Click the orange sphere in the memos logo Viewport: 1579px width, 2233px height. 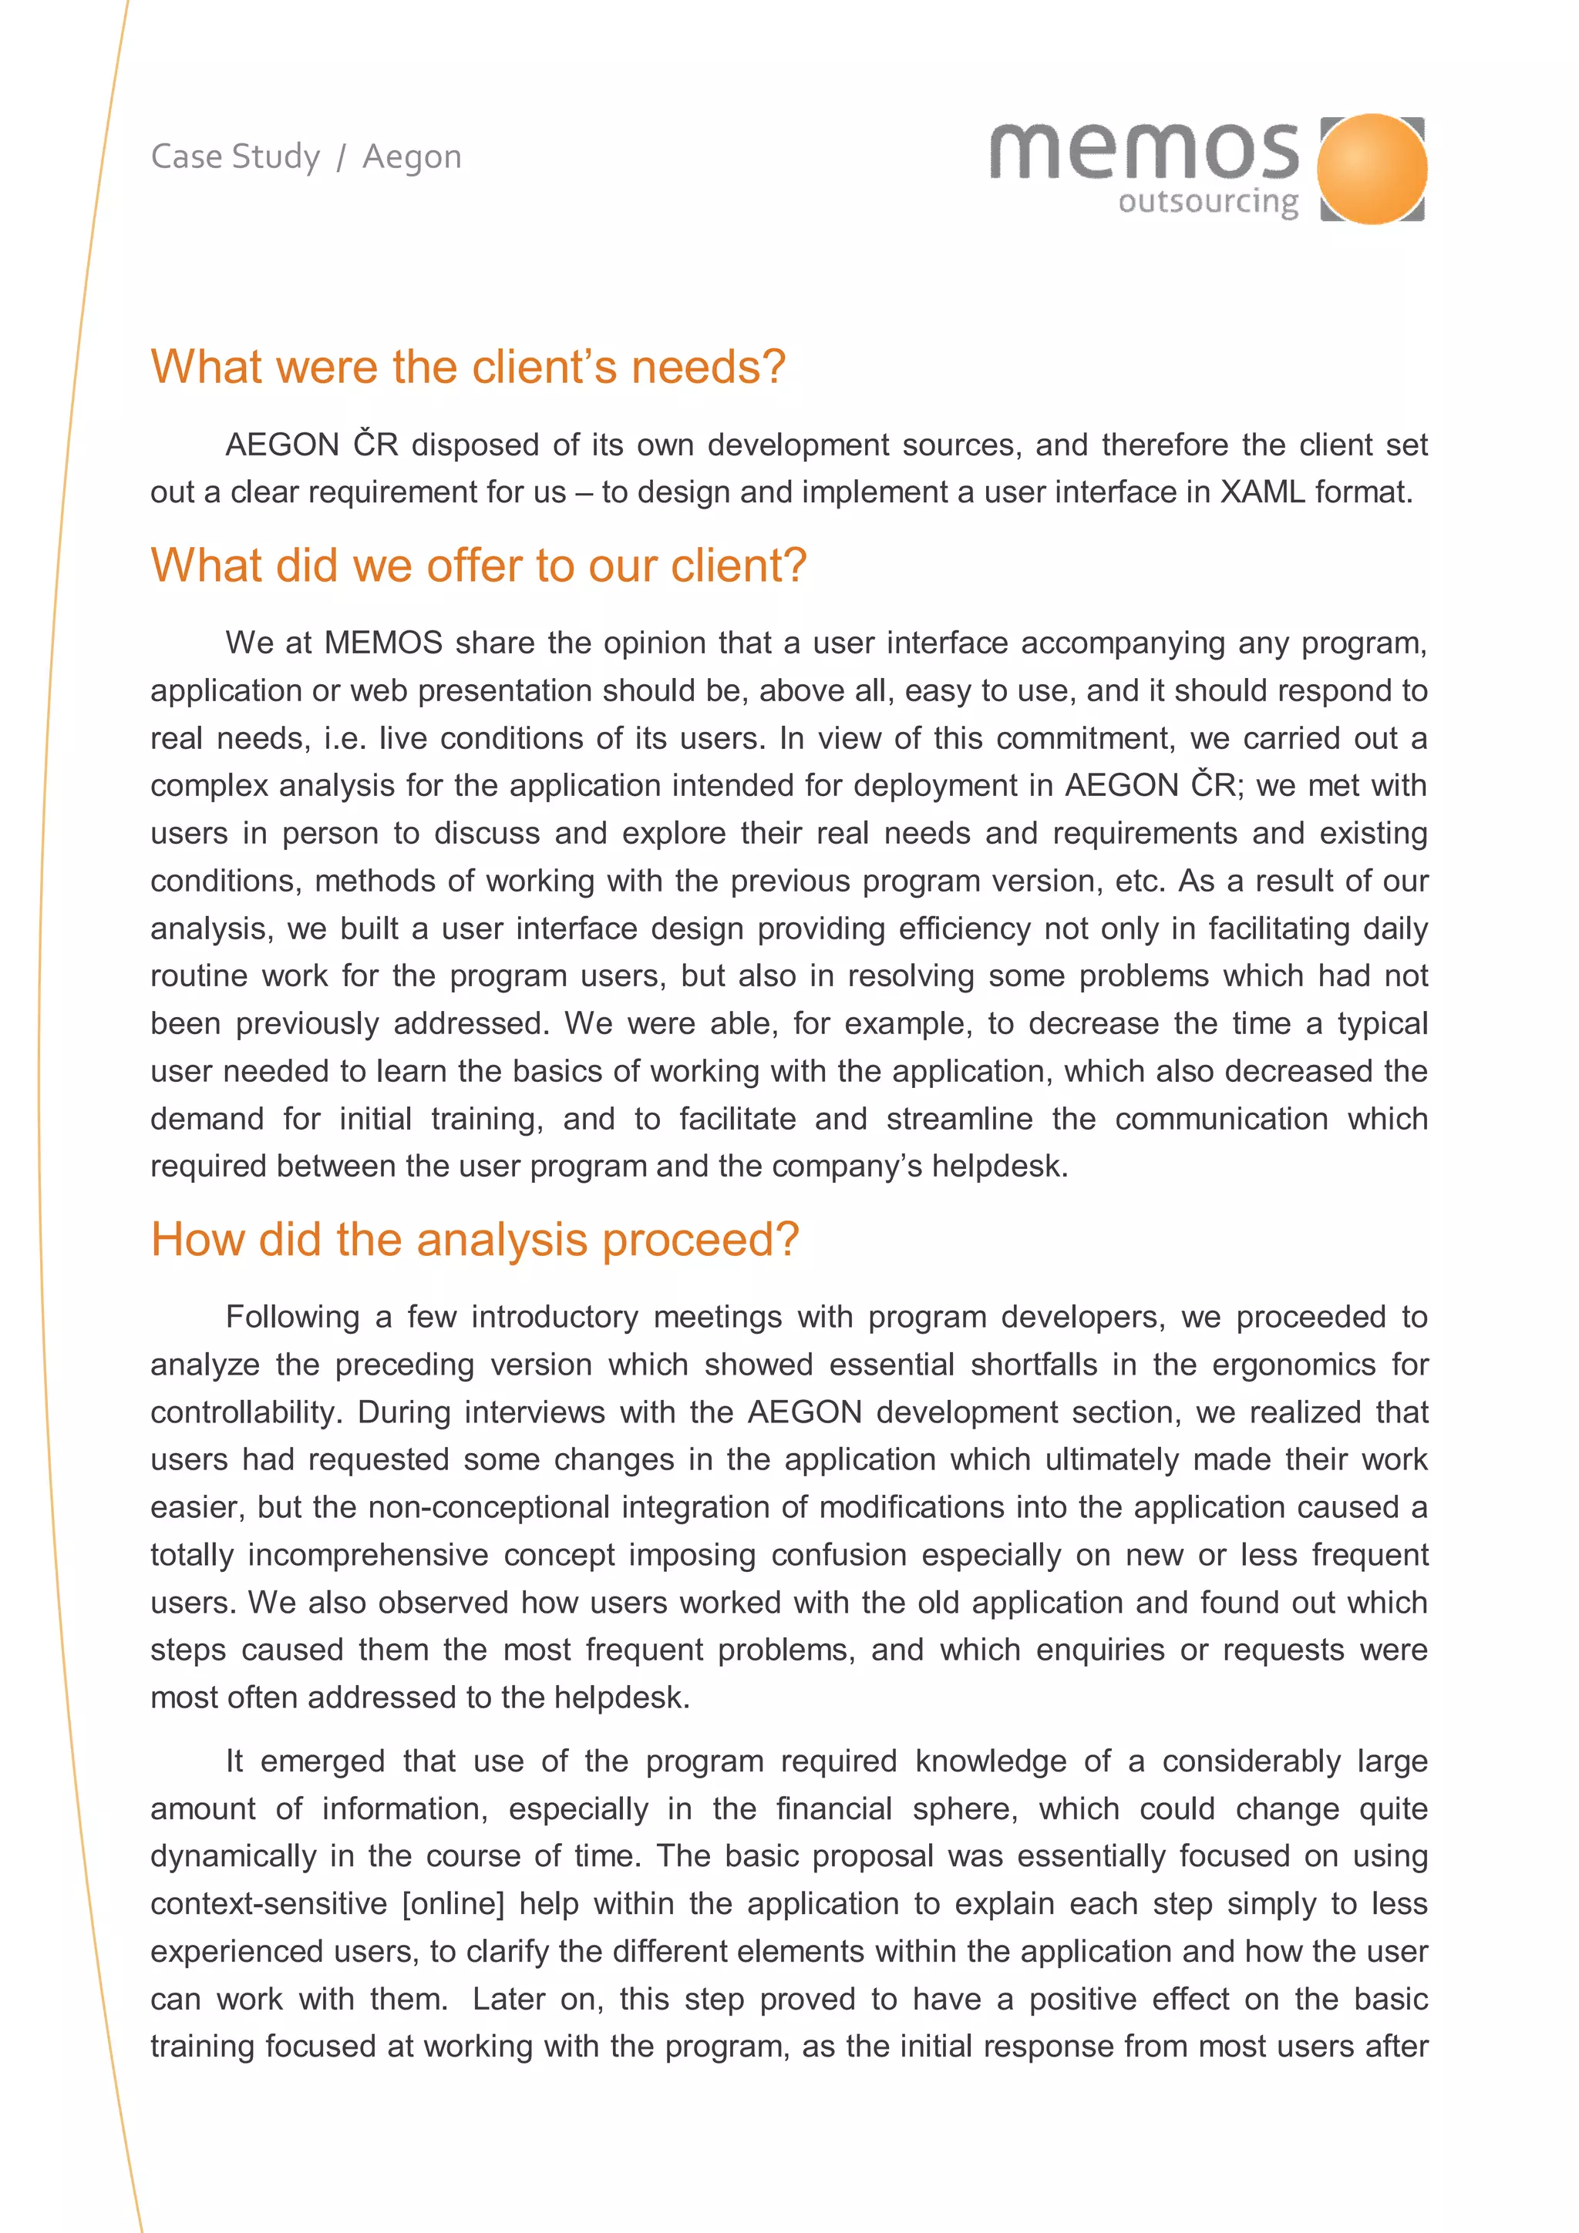click(1372, 168)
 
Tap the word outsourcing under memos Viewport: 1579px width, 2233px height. click(1207, 203)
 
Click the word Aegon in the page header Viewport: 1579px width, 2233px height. click(412, 156)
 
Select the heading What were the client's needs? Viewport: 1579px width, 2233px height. click(468, 367)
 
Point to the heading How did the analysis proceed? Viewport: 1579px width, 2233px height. click(475, 1239)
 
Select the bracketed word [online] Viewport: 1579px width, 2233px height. click(453, 1903)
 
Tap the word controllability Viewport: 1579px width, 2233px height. click(245, 1412)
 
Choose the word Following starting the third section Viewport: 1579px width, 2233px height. click(293, 1317)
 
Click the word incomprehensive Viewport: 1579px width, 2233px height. click(368, 1554)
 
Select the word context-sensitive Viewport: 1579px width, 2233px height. click(268, 1903)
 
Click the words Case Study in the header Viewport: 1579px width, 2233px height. click(235, 156)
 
